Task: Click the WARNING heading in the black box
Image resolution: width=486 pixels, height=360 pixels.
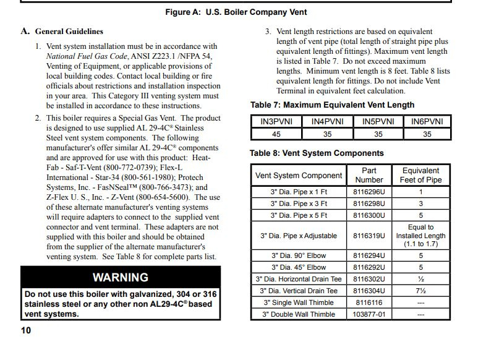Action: coord(121,277)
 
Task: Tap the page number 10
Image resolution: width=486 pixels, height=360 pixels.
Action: coord(26,330)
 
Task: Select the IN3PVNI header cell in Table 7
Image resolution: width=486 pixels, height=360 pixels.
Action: coord(276,122)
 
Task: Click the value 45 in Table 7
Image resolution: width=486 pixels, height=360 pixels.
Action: coord(276,134)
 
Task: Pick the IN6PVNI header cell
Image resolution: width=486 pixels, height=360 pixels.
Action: coord(427,122)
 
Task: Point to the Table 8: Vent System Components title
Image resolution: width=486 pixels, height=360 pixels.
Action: coord(317,153)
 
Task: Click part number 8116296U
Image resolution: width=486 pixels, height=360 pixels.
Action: coord(369,192)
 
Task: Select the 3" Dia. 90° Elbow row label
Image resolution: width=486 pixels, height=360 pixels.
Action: coord(299,255)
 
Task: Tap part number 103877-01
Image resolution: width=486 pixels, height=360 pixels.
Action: coord(369,314)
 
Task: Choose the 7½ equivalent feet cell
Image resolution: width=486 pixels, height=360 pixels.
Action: coord(420,291)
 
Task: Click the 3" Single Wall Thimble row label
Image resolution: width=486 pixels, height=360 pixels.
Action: coord(299,302)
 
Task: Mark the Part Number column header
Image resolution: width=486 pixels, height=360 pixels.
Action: coord(369,175)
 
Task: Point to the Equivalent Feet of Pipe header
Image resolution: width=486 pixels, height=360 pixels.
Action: coord(420,175)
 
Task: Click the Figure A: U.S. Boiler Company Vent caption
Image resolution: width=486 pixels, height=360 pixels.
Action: coord(236,12)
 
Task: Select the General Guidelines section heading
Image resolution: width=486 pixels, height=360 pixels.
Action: coord(69,31)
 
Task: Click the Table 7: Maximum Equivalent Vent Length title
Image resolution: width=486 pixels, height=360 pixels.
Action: coord(332,105)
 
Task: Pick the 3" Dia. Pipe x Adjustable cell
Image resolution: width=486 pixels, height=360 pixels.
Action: coord(299,236)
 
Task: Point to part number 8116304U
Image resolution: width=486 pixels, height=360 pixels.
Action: coord(369,291)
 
